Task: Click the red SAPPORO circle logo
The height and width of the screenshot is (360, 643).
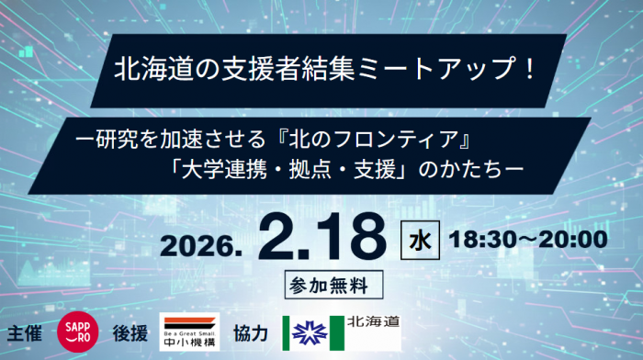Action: pos(77,332)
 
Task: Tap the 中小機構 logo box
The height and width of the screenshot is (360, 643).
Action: pos(189,332)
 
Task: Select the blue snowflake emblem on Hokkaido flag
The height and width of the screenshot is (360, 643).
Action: pos(310,333)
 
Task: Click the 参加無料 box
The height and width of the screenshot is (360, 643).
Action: pos(333,285)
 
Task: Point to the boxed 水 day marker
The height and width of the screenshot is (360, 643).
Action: pos(420,241)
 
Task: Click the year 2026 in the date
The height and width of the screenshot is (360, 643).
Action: pos(201,246)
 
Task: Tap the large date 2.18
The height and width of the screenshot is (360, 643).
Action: pos(322,237)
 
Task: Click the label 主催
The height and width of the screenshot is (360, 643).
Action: pos(25,333)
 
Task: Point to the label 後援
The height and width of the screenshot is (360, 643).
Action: pos(130,333)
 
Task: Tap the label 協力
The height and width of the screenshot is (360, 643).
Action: pos(251,333)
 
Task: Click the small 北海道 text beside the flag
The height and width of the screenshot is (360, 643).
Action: pos(373,321)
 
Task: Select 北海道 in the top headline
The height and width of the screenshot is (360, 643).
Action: pos(153,68)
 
